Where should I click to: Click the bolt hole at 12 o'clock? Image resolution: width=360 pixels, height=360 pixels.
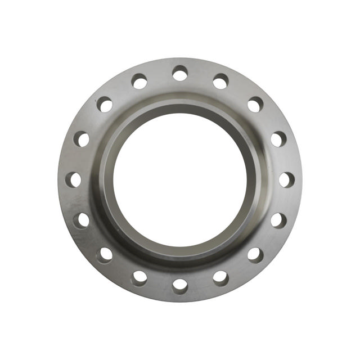pos(180,73)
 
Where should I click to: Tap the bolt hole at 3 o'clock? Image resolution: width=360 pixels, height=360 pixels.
pos(286,179)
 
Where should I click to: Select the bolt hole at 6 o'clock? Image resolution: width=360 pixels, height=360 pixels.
pos(180,285)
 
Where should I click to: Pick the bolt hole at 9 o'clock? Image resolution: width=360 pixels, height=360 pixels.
pos(73,179)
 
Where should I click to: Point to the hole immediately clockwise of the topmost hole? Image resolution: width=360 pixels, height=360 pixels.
pos(220,82)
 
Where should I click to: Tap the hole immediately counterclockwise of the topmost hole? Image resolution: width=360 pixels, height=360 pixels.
pos(139,82)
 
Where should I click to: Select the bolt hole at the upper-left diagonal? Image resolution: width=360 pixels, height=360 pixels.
pos(105,105)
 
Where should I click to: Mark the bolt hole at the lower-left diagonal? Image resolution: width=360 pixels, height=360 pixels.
pos(105,255)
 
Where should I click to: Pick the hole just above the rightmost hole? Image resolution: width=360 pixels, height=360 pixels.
pos(278,139)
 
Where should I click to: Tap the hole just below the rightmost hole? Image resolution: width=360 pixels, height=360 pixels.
pos(278,220)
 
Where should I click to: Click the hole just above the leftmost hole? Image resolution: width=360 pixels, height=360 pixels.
pos(82,139)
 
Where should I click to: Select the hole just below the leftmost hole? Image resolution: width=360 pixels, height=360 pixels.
pos(82,220)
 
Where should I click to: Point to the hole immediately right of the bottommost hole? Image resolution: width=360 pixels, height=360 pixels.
pos(220,277)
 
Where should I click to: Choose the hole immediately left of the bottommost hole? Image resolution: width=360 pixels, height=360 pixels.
pos(139,277)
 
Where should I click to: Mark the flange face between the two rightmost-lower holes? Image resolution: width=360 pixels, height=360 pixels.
pos(269,239)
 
